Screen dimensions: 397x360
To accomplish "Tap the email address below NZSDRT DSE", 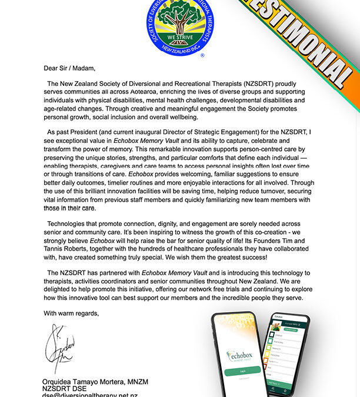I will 90,395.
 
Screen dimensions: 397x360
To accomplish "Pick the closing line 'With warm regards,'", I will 71,313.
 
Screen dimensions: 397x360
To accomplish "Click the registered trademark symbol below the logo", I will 202,56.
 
